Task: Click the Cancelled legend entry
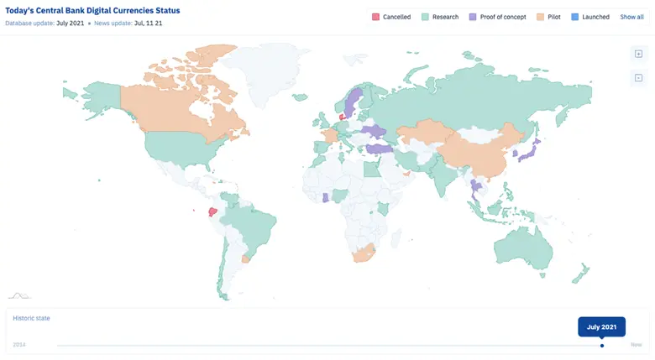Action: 390,17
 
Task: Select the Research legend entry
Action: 440,17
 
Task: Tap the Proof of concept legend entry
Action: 498,17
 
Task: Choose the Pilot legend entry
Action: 549,17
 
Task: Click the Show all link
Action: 631,17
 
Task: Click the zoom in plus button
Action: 638,54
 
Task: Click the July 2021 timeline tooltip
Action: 601,327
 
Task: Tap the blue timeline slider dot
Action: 602,345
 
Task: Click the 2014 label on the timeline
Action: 18,345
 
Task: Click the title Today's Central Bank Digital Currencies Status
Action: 92,10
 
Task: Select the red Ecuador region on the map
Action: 212,213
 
